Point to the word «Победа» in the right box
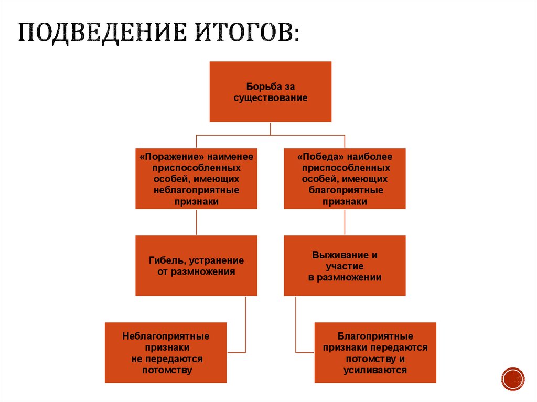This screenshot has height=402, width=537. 319,156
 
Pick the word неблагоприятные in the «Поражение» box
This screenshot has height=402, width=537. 196,190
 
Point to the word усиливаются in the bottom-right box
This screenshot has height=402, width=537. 375,370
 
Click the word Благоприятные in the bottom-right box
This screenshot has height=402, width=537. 375,336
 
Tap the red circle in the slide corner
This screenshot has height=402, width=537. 512,378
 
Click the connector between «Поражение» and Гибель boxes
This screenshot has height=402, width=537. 196,222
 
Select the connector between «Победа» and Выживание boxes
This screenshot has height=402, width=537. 345,222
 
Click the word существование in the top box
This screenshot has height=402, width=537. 270,97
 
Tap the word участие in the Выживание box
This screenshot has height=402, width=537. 345,267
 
